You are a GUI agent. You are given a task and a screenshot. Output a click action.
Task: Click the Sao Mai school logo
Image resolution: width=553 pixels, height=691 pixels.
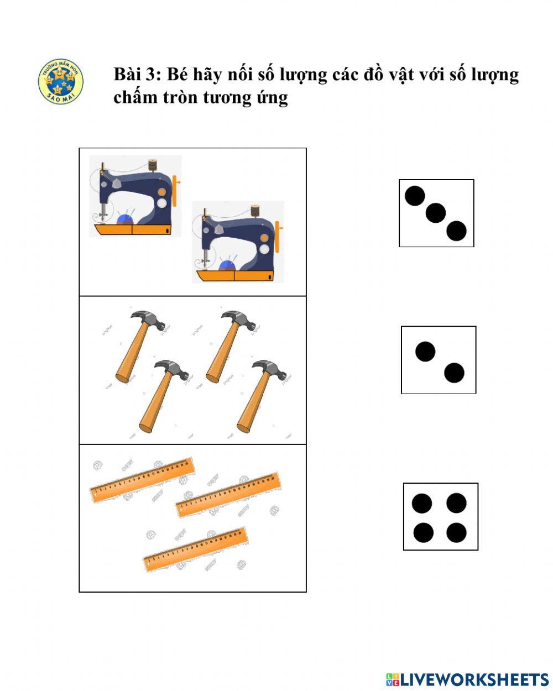pos(61,82)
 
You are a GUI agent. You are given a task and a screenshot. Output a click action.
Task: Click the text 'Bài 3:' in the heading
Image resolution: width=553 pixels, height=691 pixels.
pos(138,74)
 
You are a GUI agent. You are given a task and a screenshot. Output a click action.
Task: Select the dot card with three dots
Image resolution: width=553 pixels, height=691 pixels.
pos(436,213)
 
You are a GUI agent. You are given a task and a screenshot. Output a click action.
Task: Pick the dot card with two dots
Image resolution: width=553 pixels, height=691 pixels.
pos(439,360)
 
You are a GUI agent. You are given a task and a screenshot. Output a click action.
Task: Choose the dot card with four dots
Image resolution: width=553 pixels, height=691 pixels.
pos(440,517)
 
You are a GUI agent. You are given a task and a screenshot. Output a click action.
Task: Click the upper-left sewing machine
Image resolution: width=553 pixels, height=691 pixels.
pos(135,198)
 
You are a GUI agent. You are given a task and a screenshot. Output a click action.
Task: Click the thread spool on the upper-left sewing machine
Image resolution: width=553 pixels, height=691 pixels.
pos(152,165)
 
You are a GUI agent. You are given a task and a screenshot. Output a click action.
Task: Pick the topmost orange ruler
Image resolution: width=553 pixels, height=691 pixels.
pos(142,479)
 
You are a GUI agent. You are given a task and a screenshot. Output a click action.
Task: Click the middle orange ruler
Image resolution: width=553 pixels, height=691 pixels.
pos(228,495)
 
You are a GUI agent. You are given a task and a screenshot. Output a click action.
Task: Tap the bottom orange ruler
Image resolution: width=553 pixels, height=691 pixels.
pos(195,549)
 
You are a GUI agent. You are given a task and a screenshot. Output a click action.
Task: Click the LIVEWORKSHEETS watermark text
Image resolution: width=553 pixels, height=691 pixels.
pos(473,679)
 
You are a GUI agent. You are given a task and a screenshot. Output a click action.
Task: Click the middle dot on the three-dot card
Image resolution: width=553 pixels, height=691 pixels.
pos(436,212)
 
